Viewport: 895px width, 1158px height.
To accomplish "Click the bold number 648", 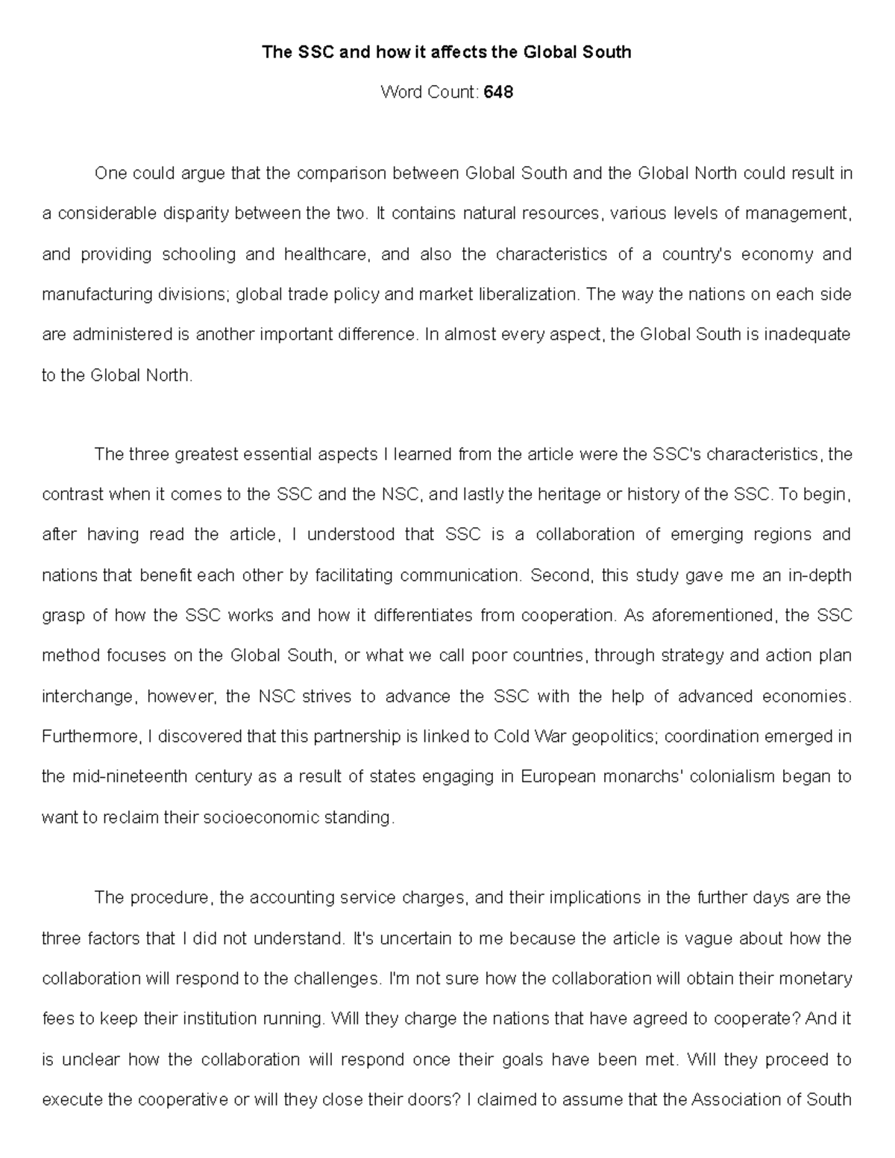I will tap(498, 92).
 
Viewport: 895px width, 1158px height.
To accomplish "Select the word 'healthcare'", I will tap(325, 254).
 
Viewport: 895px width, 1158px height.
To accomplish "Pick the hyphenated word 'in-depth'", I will tap(821, 576).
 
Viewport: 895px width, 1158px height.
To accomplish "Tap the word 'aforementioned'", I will tap(714, 616).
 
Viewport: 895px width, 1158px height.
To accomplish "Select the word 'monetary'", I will tap(808, 978).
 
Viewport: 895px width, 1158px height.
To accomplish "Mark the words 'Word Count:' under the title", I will tap(429, 92).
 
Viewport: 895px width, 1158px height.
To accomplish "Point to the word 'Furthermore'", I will tap(90, 737).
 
